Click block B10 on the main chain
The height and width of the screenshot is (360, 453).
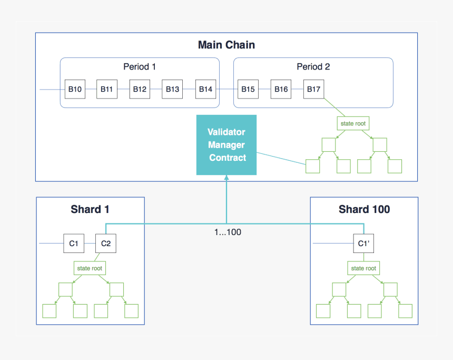coord(74,89)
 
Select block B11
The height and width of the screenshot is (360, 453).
coord(107,89)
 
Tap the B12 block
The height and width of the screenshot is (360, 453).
coord(140,89)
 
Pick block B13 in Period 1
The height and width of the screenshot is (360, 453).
coord(172,89)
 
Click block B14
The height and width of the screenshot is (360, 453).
coord(205,89)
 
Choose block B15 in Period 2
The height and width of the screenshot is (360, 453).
coord(248,89)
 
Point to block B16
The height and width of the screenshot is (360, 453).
coord(281,89)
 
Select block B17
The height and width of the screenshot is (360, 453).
coord(313,89)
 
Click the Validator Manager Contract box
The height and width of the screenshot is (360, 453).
coord(226,145)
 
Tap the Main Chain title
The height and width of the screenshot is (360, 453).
coord(226,45)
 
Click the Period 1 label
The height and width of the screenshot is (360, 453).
coord(140,67)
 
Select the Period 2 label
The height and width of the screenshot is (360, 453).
coord(313,67)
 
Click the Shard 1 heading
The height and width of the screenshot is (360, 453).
coord(90,209)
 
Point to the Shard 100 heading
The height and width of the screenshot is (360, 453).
coord(364,209)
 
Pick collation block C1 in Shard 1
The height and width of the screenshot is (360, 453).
coord(73,244)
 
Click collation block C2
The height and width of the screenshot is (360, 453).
coord(105,244)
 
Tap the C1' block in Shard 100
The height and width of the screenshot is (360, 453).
coord(363,244)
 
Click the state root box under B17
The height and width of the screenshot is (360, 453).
coord(352,123)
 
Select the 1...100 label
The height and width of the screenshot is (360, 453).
coord(226,231)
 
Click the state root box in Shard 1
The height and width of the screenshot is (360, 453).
coord(90,268)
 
